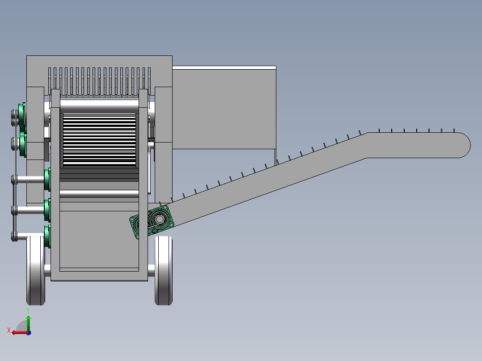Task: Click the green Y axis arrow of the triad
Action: tap(28, 323)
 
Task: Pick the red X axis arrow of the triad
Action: tap(18, 332)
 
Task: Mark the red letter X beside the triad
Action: tap(9, 330)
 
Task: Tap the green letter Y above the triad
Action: tap(28, 310)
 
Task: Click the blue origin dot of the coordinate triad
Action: tap(29, 332)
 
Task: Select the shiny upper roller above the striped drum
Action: tap(99, 106)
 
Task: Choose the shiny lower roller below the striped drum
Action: tap(99, 194)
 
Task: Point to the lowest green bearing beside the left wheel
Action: tap(47, 236)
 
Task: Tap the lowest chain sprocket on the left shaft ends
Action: tap(14, 236)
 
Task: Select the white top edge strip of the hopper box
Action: tap(224, 68)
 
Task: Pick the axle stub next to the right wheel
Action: tap(151, 270)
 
